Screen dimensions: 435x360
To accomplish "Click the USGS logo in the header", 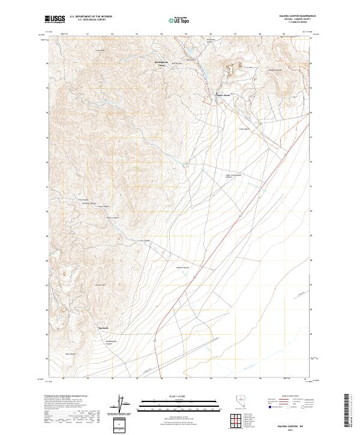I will [x=55, y=19].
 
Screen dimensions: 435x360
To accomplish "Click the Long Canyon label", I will [x=244, y=128].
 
